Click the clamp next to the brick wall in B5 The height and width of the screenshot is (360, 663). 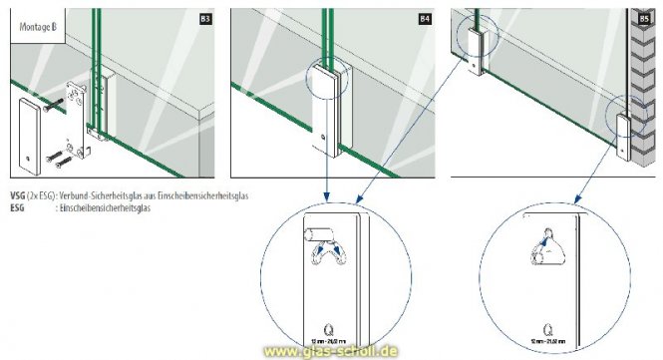coord(623,138)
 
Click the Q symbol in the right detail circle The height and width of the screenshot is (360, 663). coord(548,324)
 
